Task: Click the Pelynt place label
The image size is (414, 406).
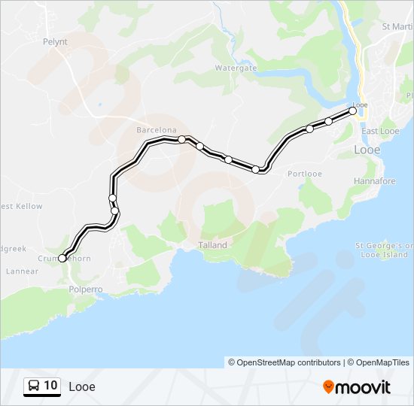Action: pyautogui.click(x=56, y=42)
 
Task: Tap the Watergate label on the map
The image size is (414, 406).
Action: pyautogui.click(x=236, y=68)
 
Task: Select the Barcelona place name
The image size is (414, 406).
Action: pyautogui.click(x=156, y=130)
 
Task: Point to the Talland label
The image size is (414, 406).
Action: pyautogui.click(x=212, y=245)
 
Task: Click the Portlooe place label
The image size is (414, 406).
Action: pyautogui.click(x=305, y=174)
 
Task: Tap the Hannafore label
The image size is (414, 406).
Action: pyautogui.click(x=375, y=181)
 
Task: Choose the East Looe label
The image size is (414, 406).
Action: pyautogui.click(x=380, y=131)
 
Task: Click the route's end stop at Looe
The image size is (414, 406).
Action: pyautogui.click(x=353, y=111)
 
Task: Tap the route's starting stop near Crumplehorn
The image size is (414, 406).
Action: pyautogui.click(x=62, y=258)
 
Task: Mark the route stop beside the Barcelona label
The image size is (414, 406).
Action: pyautogui.click(x=181, y=139)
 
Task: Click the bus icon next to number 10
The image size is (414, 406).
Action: pyautogui.click(x=34, y=386)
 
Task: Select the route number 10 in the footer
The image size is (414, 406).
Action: pyautogui.click(x=50, y=386)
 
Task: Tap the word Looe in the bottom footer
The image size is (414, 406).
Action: pyautogui.click(x=82, y=387)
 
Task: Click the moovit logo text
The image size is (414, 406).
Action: pyautogui.click(x=364, y=387)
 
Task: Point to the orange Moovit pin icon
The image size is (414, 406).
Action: pyautogui.click(x=329, y=387)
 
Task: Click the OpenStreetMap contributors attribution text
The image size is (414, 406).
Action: pyautogui.click(x=285, y=362)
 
